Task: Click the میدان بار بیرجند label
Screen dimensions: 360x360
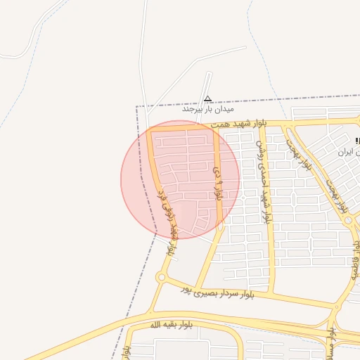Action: click(207, 110)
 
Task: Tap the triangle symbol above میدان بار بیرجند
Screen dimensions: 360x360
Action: click(207, 99)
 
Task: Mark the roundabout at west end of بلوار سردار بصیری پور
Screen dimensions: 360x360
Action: click(161, 278)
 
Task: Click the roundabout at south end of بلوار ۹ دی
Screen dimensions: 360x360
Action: click(220, 227)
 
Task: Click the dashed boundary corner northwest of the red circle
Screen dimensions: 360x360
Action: click(136, 107)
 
